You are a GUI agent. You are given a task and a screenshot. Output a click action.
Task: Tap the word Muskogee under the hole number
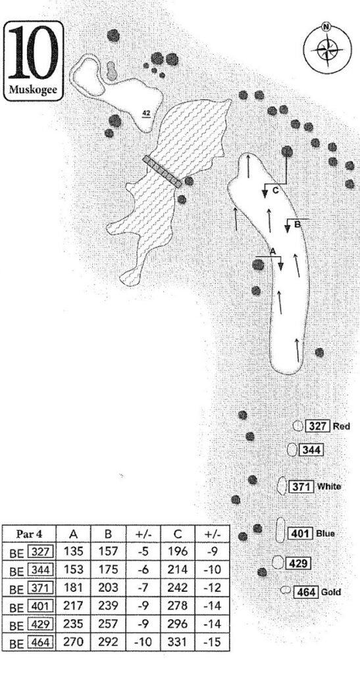33,91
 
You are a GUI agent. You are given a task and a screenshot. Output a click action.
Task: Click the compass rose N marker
326,27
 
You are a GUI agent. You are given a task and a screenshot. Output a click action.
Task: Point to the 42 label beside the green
147,113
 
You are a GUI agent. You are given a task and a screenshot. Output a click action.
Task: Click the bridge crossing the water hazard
163,172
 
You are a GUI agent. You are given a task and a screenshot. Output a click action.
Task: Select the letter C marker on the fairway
276,192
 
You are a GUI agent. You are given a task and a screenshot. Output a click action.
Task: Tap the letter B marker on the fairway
296,223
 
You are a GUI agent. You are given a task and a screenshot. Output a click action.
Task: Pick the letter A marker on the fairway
272,251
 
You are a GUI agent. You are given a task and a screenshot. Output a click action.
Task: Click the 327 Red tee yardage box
318,426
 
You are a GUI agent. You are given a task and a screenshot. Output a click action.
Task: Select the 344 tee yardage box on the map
311,450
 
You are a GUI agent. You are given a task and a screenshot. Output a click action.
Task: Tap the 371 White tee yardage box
302,486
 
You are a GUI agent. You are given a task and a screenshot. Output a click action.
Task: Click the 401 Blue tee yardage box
301,533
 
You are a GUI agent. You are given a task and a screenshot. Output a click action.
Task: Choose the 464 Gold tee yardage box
307,592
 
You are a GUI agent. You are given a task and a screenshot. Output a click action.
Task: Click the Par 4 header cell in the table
30,534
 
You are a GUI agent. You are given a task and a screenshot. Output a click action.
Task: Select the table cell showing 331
178,642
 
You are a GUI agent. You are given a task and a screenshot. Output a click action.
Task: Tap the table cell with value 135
74,552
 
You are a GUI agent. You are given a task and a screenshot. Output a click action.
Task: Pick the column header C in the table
178,534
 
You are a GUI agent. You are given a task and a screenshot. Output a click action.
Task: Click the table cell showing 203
108,588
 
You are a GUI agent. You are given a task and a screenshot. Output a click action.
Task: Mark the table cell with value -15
213,642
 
